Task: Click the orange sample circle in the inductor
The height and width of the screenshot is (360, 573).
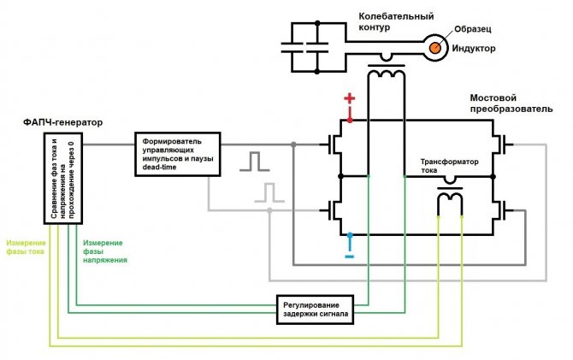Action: (436, 48)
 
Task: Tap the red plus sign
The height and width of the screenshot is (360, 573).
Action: (349, 99)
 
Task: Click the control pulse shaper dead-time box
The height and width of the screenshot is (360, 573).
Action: (178, 154)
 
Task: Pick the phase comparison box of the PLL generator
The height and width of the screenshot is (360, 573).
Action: (64, 180)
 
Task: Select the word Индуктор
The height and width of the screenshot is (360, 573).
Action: (475, 49)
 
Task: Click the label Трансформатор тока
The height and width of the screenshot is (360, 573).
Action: (449, 167)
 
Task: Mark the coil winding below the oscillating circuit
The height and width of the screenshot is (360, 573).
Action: (386, 76)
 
